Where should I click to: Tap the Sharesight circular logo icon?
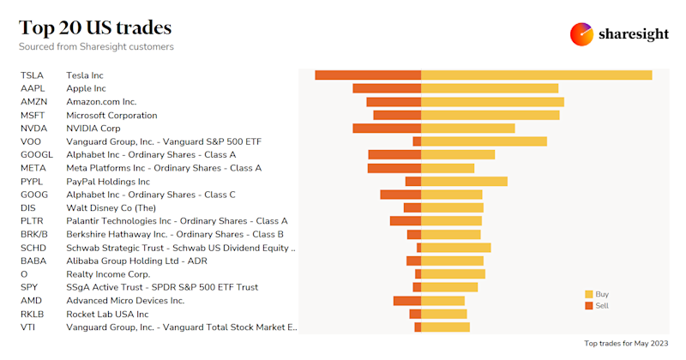(x=581, y=34)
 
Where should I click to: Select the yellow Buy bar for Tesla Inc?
(x=536, y=75)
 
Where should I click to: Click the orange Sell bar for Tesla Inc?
(x=368, y=75)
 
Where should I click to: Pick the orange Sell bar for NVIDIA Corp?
(x=387, y=129)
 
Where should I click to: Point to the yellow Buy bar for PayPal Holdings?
(x=464, y=182)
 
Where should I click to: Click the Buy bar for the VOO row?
(x=484, y=141)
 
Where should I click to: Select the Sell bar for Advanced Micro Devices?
(x=407, y=301)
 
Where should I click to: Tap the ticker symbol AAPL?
(x=33, y=88)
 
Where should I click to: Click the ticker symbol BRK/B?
(x=34, y=234)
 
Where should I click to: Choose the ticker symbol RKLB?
(x=33, y=314)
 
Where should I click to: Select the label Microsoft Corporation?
(x=111, y=115)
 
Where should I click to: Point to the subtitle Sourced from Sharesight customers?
(x=96, y=46)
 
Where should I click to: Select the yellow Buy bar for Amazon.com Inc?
(x=492, y=102)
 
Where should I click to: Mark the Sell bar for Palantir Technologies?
(x=405, y=221)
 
